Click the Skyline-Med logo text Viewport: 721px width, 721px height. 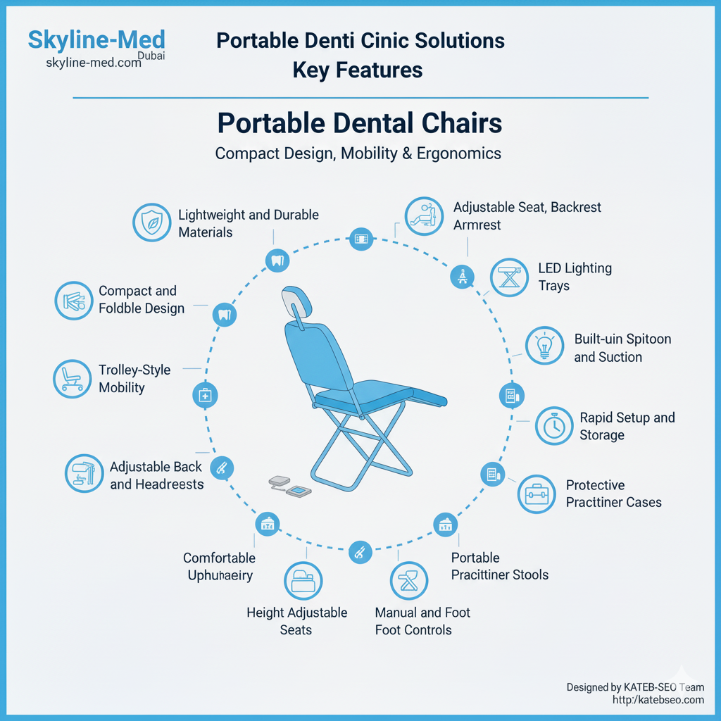[96, 40]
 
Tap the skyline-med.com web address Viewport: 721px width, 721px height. [94, 63]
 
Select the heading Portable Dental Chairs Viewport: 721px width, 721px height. [360, 123]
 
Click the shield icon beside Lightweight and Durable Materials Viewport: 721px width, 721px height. [152, 222]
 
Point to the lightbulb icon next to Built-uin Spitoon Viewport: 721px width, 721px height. [544, 345]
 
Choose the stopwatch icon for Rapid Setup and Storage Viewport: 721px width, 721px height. [554, 426]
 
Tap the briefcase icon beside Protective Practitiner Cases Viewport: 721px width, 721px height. [537, 494]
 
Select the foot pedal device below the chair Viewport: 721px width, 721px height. [290, 487]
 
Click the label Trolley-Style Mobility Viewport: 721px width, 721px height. [134, 378]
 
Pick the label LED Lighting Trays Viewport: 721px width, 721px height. [575, 277]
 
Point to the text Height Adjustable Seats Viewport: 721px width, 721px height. [296, 621]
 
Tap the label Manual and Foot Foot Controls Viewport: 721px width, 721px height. [422, 621]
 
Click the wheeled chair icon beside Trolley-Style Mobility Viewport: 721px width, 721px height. [73, 379]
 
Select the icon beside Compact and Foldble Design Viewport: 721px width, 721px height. [73, 301]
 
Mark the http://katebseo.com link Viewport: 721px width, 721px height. [658, 700]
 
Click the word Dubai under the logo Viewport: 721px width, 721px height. [151, 56]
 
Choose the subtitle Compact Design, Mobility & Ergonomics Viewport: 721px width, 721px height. [358, 153]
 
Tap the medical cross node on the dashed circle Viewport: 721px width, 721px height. [205, 396]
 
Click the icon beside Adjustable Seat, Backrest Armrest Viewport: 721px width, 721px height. [424, 216]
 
